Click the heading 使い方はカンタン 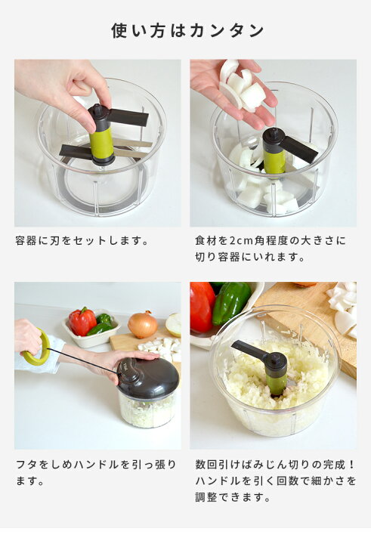pyautogui.click(x=187, y=30)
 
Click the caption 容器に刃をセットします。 pyautogui.click(x=82, y=240)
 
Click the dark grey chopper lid pyautogui.click(x=148, y=379)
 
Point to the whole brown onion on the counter pyautogui.click(x=143, y=325)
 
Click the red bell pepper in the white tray pyautogui.click(x=82, y=321)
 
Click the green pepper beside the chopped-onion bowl pyautogui.click(x=230, y=301)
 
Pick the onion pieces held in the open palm pyautogui.click(x=242, y=87)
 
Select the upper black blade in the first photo pyautogui.click(x=128, y=118)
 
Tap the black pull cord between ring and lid pyautogui.click(x=83, y=360)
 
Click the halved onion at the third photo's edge pyautogui.click(x=174, y=324)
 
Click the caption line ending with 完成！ pyautogui.click(x=276, y=464)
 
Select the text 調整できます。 pyautogui.click(x=233, y=497)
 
